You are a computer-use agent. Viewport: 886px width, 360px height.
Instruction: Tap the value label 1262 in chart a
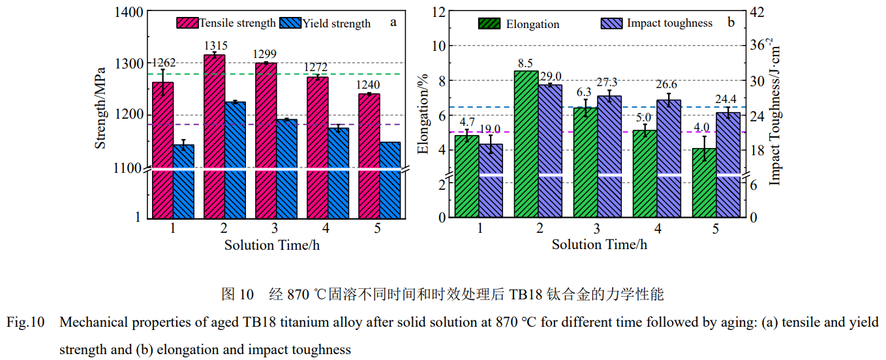tap(164, 63)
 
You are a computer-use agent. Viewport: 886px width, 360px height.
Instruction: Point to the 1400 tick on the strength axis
tap(127, 12)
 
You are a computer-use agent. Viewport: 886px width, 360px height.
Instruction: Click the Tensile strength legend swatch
tap(187, 23)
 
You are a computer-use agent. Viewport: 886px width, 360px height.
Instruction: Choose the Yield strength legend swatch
tap(290, 23)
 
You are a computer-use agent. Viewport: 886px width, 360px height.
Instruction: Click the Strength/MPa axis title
tap(100, 108)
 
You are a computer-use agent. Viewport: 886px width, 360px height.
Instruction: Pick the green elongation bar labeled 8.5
tap(526, 143)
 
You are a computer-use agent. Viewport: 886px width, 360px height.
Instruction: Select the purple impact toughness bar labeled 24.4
tap(728, 163)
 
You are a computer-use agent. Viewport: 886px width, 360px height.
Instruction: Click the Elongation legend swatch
tap(489, 24)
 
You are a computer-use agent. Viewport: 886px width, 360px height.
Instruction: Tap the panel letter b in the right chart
tap(731, 23)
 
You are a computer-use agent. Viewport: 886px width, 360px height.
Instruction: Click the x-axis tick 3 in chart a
tap(274, 229)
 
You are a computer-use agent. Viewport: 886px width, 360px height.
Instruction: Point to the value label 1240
tap(369, 85)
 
